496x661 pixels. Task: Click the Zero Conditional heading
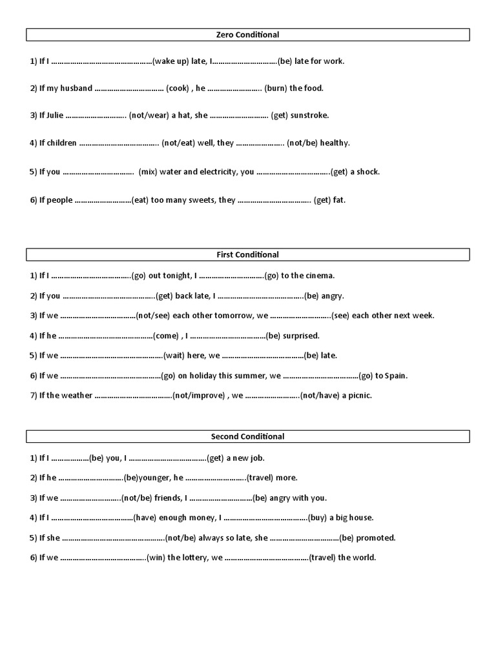(x=247, y=35)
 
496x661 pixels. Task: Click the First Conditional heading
(x=247, y=255)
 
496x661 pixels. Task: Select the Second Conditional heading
(x=247, y=437)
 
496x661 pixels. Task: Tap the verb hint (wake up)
(x=170, y=61)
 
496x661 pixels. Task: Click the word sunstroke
(x=309, y=116)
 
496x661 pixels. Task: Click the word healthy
(x=335, y=143)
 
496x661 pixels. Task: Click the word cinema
(x=320, y=276)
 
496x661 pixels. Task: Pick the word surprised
(x=301, y=336)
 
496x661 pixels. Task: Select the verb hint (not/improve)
(x=198, y=396)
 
